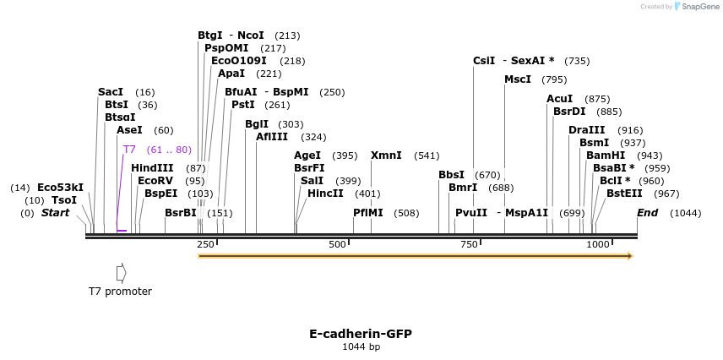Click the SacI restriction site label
(110, 91)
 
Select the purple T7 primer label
(129, 150)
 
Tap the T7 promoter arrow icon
(122, 272)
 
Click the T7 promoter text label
(120, 292)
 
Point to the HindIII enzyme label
(152, 168)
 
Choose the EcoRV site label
(155, 181)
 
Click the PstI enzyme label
(243, 105)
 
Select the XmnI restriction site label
(386, 155)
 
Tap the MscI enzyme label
(518, 79)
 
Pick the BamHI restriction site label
(606, 155)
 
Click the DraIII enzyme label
(586, 130)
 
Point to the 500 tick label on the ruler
(337, 244)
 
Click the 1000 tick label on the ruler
(598, 244)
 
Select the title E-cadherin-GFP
(361, 334)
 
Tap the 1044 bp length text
(361, 346)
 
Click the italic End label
(647, 213)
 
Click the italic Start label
(55, 213)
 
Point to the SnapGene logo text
(696, 7)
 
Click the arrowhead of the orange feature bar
(629, 255)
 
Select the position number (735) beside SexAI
(577, 61)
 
